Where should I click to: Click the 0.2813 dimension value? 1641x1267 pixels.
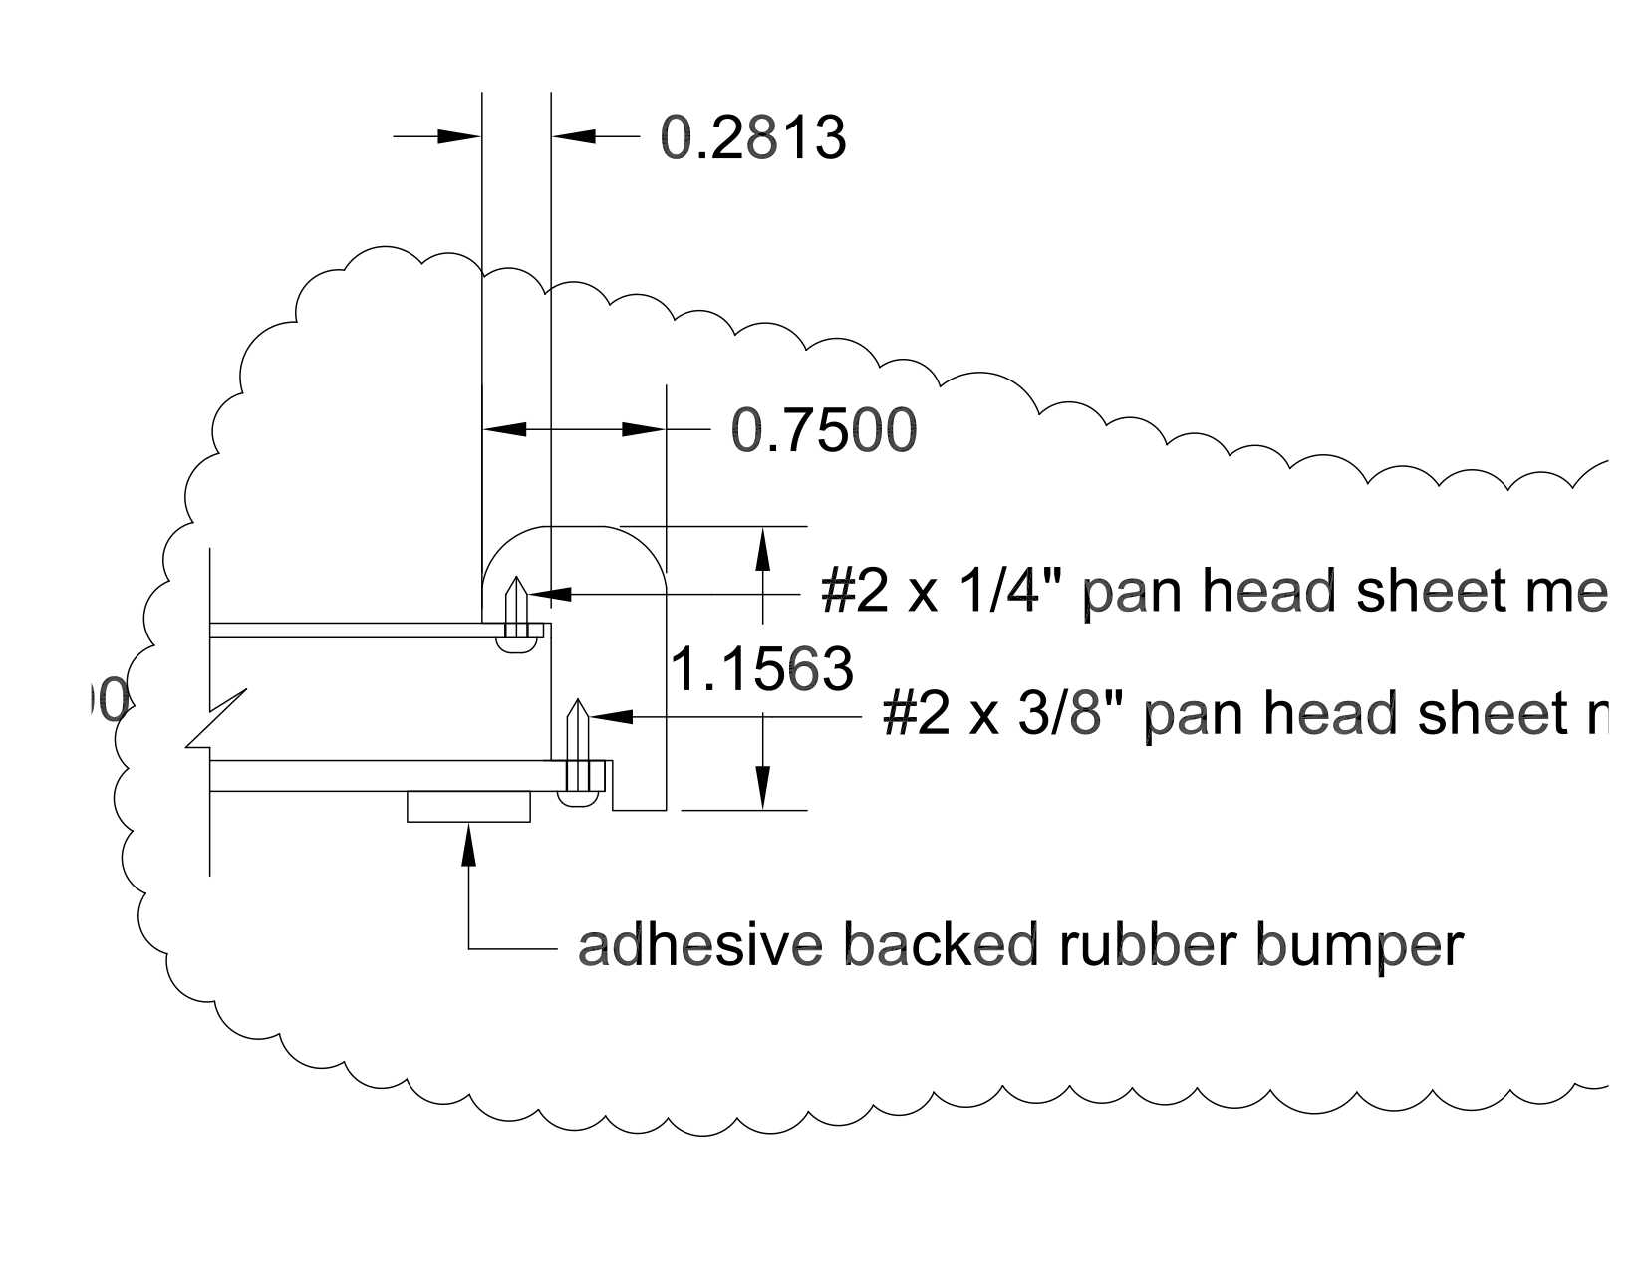(753, 137)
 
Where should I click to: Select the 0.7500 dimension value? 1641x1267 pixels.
(824, 431)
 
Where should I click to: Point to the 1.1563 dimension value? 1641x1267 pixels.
(761, 669)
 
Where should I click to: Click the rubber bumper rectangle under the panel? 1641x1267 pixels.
(468, 806)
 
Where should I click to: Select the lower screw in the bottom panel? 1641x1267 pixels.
(576, 752)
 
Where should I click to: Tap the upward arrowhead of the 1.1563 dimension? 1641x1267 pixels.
(763, 548)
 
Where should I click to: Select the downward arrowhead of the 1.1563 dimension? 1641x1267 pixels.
(763, 788)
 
